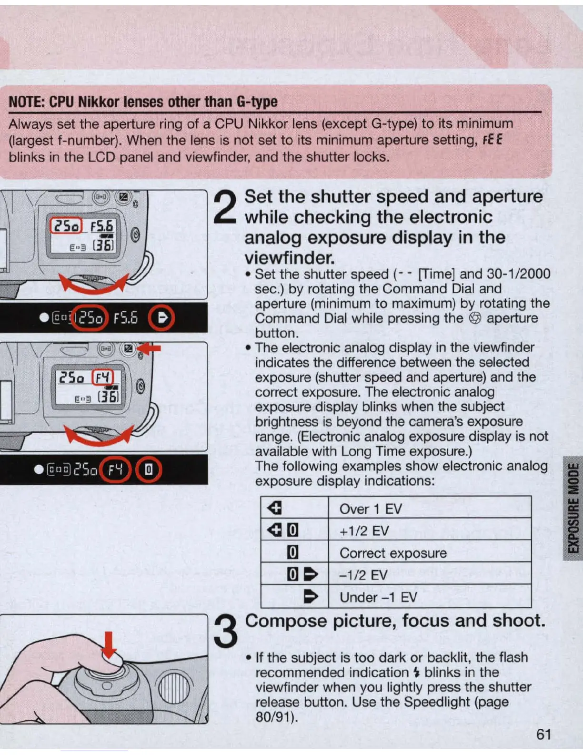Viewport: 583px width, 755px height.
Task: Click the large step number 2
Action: click(226, 207)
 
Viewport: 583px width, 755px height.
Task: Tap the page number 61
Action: click(543, 735)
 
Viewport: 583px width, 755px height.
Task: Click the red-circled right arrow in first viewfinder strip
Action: click(161, 318)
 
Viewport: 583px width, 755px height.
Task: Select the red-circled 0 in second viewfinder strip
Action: click(149, 470)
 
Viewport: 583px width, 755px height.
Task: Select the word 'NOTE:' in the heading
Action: click(27, 102)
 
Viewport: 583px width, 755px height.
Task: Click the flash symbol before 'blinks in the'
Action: click(417, 673)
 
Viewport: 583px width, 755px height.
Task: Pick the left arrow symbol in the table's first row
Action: click(275, 509)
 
